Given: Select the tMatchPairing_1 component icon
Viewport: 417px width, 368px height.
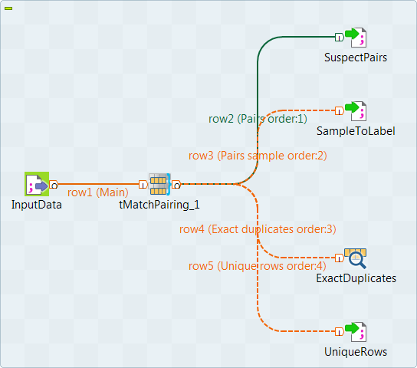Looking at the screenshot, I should [159, 184].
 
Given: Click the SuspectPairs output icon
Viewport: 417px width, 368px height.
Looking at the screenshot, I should [356, 37].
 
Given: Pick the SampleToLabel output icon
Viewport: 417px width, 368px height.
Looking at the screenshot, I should [356, 110].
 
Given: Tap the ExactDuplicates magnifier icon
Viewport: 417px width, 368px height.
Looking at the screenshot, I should [356, 258].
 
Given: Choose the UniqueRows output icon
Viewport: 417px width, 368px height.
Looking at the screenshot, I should [356, 332].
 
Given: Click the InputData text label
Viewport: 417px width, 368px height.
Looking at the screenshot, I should [37, 205].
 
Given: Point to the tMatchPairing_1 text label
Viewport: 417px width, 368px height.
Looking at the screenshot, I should [159, 205].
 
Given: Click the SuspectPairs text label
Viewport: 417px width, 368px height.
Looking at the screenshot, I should [356, 58].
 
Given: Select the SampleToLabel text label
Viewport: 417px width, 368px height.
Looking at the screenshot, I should [356, 131].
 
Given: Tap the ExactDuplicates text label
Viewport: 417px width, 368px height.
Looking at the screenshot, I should [356, 278].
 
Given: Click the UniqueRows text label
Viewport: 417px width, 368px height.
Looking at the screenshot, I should [356, 352].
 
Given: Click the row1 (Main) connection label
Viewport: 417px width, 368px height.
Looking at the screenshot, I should [98, 192].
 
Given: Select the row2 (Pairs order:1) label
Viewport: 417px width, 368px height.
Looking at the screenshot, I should [258, 119].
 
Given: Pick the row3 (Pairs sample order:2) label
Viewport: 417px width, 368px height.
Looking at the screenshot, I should [258, 155].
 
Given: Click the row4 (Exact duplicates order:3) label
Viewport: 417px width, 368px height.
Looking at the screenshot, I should [258, 228].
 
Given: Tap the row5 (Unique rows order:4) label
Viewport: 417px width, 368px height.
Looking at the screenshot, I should [258, 265].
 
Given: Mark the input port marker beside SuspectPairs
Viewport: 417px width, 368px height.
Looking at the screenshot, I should [339, 37].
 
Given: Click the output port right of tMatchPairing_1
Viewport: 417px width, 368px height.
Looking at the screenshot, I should [176, 184].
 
